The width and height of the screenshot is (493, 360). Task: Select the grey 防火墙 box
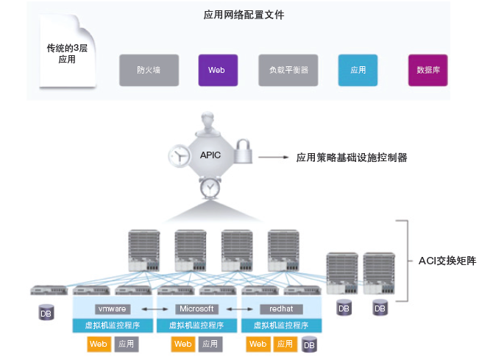(149, 71)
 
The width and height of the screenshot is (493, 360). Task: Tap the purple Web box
(216, 71)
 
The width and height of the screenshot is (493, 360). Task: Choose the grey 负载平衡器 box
(283, 71)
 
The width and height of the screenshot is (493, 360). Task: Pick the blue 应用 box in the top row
(358, 71)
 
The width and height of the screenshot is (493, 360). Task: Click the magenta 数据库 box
(428, 71)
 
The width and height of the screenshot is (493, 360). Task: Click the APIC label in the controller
(210, 155)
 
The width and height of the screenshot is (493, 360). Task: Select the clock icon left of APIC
(179, 156)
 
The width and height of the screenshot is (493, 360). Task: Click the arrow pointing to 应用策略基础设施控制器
(276, 157)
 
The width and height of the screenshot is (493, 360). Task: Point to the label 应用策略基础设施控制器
(351, 157)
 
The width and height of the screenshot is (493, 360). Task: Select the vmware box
(113, 308)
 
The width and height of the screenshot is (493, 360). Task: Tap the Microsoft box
(196, 308)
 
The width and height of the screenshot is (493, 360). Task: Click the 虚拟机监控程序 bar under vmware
(113, 325)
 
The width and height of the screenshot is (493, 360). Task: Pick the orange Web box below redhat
(258, 344)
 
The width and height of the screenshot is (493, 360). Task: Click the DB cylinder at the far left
(46, 312)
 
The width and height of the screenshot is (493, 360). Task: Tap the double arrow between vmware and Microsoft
(154, 308)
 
